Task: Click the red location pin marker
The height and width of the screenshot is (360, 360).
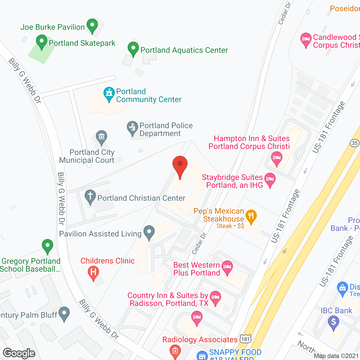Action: [x=180, y=165]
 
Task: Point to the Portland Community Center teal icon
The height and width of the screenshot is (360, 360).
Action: [x=109, y=94]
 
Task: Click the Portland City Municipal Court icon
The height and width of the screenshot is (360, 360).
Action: [x=101, y=137]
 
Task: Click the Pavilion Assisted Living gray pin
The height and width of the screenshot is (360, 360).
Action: [x=149, y=232]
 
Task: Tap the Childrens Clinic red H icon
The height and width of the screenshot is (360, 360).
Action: [x=93, y=272]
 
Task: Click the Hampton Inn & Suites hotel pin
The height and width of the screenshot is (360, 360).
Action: [x=277, y=158]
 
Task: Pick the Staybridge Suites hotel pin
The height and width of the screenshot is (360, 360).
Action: [x=270, y=179]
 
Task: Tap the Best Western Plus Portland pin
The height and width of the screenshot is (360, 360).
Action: [x=227, y=267]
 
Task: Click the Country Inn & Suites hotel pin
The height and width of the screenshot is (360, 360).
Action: [x=215, y=297]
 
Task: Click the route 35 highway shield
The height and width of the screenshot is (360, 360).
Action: [x=355, y=143]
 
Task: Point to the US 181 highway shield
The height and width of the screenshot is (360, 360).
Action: [x=245, y=339]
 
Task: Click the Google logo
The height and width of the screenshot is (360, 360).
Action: [x=19, y=353]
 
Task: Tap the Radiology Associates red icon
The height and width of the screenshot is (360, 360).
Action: [x=175, y=351]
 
